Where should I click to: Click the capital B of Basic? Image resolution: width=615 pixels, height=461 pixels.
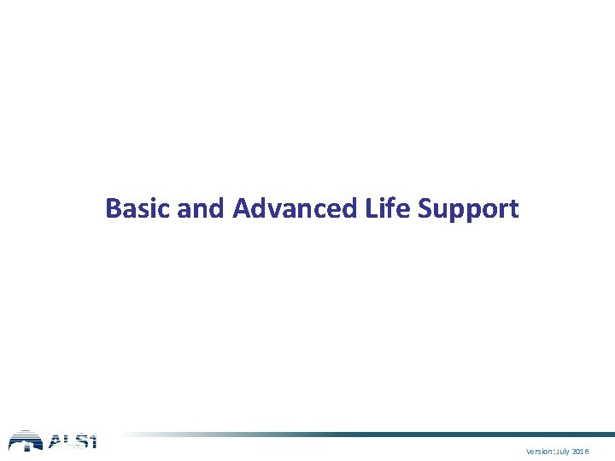(113, 208)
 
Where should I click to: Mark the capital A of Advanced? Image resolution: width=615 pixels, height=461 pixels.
(241, 208)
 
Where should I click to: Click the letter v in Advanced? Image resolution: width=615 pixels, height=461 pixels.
(272, 210)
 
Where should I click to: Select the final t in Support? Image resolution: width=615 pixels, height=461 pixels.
(514, 209)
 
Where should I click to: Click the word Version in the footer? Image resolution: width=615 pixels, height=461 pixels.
(540, 450)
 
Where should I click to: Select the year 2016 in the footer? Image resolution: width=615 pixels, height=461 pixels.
(580, 450)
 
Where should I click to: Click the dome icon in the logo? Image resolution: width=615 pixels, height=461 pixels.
(25, 441)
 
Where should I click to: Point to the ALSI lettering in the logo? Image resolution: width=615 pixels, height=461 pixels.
(72, 441)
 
